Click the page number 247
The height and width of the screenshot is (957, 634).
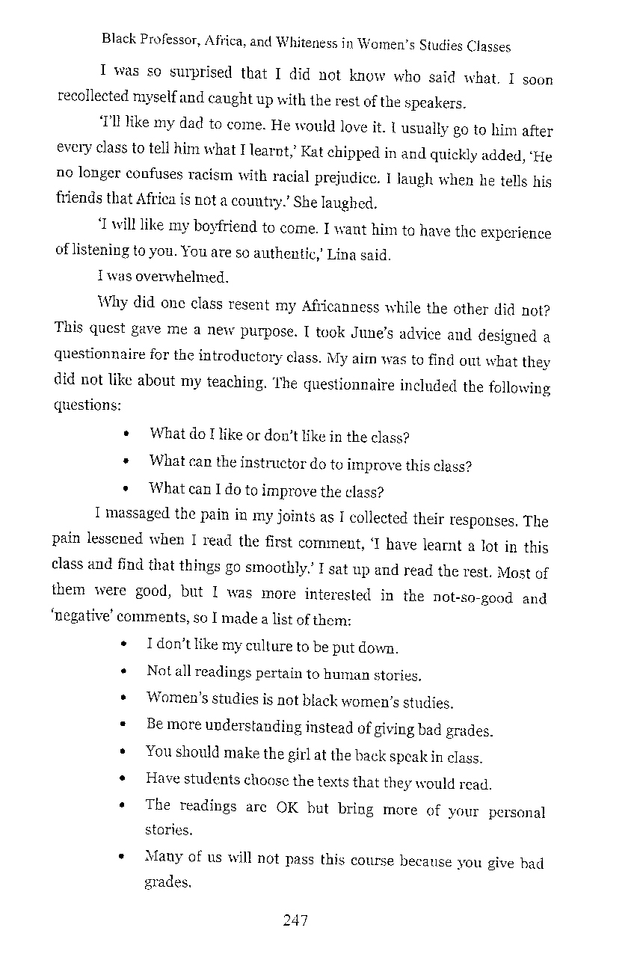pos(295,920)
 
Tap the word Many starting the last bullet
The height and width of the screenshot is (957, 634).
pos(163,857)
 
